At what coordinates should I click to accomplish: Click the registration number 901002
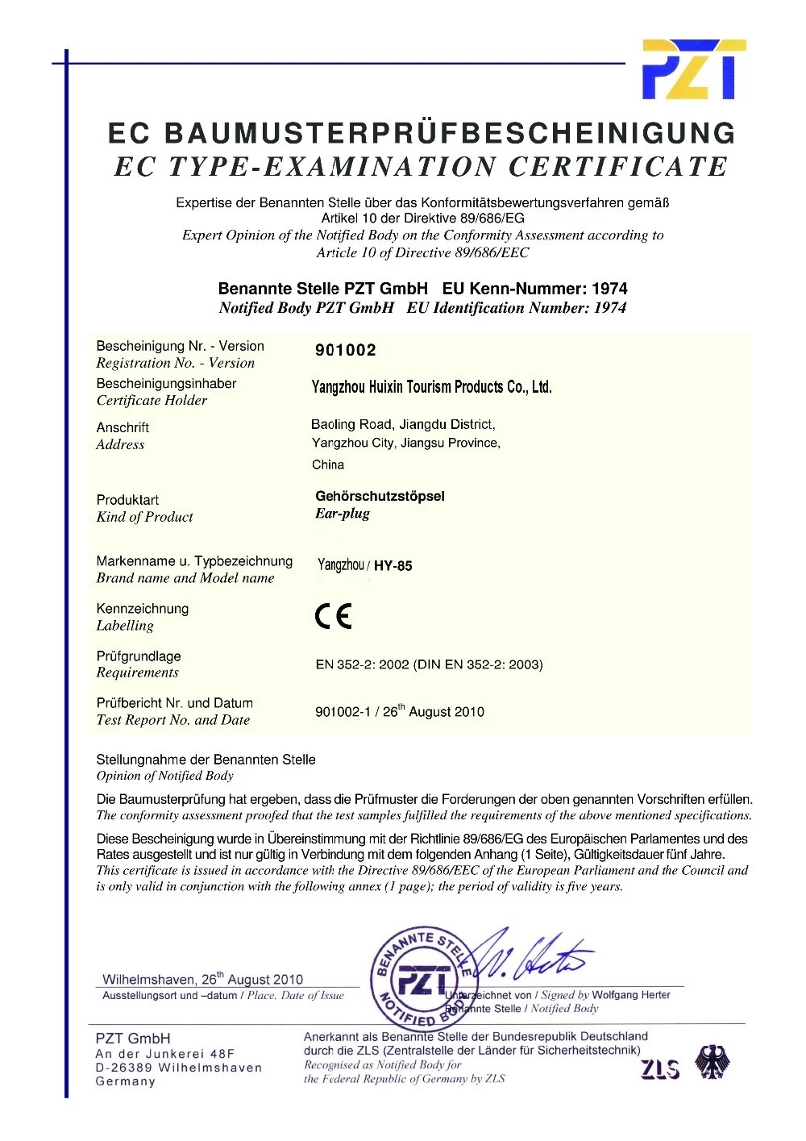(345, 350)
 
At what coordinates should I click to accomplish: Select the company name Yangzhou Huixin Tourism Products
(431, 387)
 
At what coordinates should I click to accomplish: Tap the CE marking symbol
(333, 617)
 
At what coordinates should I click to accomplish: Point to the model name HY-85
(393, 566)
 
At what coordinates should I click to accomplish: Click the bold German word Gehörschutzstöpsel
(380, 496)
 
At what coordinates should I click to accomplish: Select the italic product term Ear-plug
(343, 514)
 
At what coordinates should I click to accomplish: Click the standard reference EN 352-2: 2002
(362, 664)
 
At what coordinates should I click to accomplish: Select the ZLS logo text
(660, 1069)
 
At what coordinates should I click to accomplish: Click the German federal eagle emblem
(711, 1062)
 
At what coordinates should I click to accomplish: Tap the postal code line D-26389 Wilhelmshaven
(178, 1068)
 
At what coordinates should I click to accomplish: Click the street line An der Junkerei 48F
(164, 1053)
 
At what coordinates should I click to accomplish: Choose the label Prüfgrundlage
(139, 656)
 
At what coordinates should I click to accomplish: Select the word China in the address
(328, 464)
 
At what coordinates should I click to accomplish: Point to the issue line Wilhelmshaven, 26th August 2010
(202, 979)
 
